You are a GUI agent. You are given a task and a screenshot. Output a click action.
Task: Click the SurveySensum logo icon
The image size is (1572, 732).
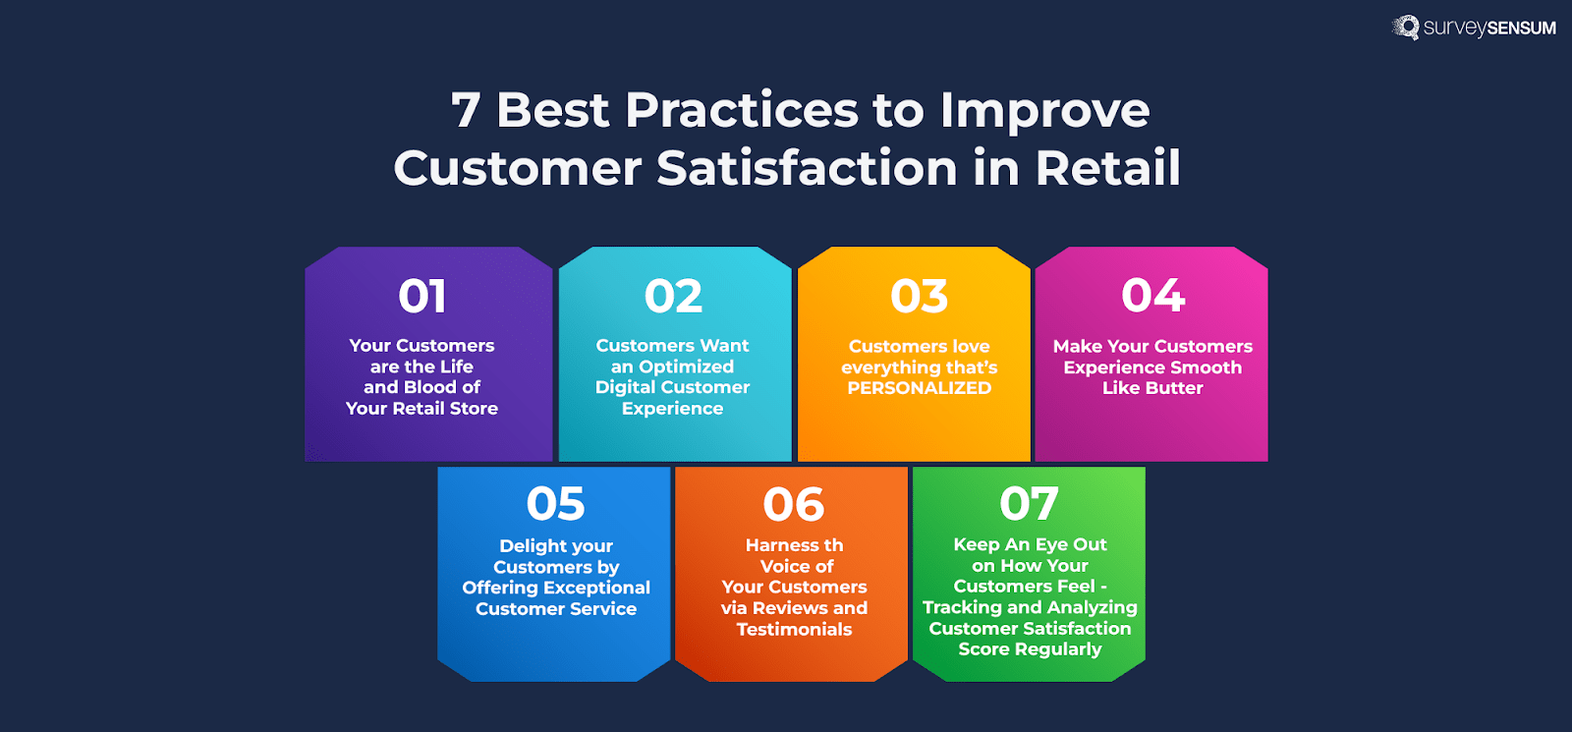(x=1406, y=27)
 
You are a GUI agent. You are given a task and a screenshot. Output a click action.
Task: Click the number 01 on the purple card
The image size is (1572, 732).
(x=422, y=297)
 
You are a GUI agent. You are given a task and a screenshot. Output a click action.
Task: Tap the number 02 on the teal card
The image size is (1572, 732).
(x=674, y=297)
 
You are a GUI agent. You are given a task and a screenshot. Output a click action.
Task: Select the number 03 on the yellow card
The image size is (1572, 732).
(x=920, y=297)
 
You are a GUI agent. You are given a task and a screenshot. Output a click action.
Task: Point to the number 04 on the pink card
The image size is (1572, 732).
(x=1153, y=296)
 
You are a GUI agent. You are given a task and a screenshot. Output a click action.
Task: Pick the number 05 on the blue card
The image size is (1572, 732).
(x=556, y=505)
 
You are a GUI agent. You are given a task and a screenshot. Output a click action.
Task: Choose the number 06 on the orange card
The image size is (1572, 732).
(x=794, y=505)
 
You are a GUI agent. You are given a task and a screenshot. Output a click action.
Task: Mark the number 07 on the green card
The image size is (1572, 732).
(x=1030, y=505)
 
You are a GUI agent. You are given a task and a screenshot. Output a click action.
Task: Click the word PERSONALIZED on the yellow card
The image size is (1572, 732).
(x=920, y=388)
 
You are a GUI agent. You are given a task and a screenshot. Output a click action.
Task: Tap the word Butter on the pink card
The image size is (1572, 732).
(x=1174, y=388)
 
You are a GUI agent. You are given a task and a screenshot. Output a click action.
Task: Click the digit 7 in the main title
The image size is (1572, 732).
(x=466, y=110)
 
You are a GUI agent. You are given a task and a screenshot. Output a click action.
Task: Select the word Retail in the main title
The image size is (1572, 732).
(x=1107, y=168)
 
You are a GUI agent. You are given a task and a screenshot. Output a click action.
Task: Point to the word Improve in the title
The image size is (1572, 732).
(x=1044, y=110)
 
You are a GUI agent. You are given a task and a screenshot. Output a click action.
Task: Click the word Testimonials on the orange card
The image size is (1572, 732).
(x=794, y=630)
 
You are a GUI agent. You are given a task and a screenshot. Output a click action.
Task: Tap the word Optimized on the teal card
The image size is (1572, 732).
(x=686, y=366)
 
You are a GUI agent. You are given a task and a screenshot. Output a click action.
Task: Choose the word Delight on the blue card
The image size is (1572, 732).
(x=530, y=545)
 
